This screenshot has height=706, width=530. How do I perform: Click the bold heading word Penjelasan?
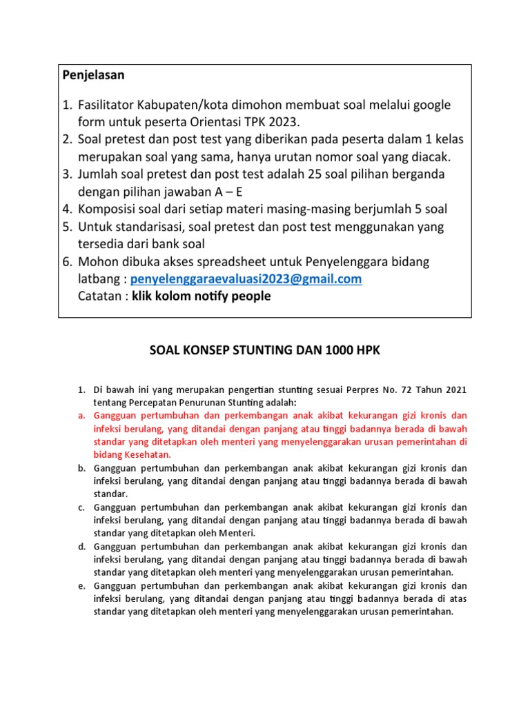[x=95, y=74]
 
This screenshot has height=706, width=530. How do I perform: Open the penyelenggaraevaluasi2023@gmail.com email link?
[x=246, y=279]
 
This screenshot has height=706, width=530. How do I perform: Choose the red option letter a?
[x=79, y=416]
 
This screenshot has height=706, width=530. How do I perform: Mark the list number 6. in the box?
[x=68, y=261]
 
